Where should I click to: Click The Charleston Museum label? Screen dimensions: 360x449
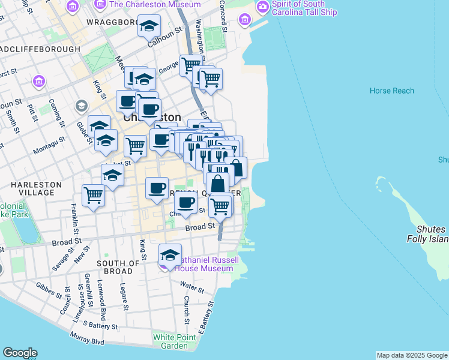point(155,5)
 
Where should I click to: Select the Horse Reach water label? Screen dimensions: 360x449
point(392,91)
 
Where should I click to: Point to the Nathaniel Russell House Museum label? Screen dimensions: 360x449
point(203,264)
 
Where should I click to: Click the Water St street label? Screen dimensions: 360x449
point(191,287)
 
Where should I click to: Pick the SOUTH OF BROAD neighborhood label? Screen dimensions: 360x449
point(118,267)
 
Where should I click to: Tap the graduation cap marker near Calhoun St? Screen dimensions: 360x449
point(149,26)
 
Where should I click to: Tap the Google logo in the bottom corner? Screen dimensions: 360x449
point(20,353)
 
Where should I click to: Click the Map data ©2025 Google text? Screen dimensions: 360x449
point(412,355)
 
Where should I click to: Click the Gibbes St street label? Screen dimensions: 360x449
point(49,290)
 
